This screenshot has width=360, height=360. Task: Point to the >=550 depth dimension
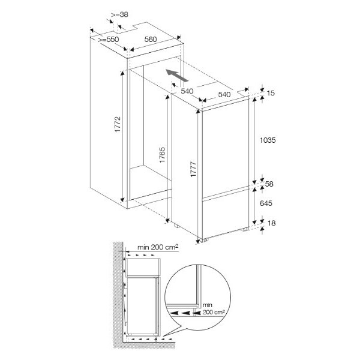coord(108,40)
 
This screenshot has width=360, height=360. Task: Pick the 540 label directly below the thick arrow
coord(187,91)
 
